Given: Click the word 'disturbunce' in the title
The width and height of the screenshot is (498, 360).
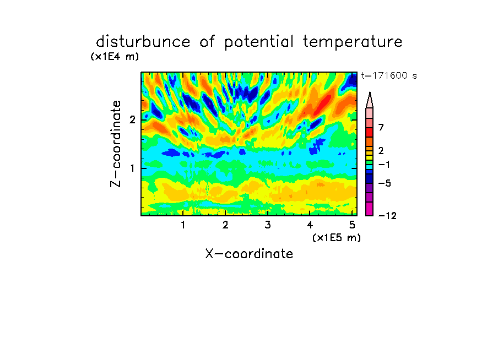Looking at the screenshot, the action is [143, 41].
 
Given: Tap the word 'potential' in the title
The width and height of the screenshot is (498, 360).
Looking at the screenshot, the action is [259, 42].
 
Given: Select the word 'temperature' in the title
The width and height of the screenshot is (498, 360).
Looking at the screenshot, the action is [353, 42].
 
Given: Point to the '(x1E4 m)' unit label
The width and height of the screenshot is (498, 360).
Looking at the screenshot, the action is [115, 57].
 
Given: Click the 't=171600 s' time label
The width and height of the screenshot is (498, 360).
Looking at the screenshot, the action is [389, 75].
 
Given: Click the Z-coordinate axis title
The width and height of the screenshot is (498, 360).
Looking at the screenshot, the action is [116, 144].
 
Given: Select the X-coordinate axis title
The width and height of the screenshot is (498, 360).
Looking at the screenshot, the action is [249, 254].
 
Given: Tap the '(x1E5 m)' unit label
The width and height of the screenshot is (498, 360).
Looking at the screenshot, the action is [337, 238].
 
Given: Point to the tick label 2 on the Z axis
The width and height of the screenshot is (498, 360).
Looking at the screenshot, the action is [132, 120].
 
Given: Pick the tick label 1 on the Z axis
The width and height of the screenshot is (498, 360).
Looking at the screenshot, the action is [132, 168].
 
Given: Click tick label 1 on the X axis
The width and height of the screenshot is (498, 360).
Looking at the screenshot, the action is [183, 225].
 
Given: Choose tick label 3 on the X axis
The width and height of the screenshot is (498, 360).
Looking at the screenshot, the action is [268, 225].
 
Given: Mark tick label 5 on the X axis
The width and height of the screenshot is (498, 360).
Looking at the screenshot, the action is [352, 225].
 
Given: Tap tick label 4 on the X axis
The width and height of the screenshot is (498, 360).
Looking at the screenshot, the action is [310, 225].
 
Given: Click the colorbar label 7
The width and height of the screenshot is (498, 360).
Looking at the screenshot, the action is [381, 128].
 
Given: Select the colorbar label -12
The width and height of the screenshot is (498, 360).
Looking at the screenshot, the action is [387, 216].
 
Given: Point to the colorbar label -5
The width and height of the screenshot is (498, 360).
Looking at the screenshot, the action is [385, 183].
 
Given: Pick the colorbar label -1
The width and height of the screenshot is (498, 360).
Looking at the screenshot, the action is [384, 165].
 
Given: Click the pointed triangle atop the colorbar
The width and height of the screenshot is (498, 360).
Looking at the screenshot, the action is [370, 100].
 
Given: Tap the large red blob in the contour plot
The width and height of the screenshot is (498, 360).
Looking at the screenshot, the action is [324, 103].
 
